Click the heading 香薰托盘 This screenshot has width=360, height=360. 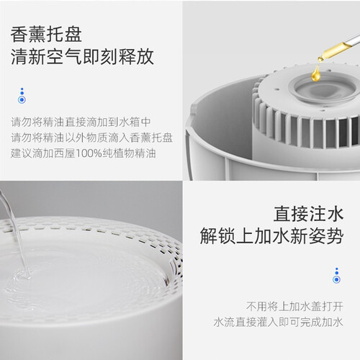coord(46,35)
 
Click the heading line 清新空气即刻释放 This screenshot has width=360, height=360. coord(82,57)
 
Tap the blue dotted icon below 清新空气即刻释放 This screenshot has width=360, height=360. coord(22,96)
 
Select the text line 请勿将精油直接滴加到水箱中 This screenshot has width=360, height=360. coord(81,122)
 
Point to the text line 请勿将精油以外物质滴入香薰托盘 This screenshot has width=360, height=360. coord(91,138)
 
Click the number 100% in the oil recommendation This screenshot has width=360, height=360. coord(89,153)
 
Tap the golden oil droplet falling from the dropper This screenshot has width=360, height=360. coord(316,73)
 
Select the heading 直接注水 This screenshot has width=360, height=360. coord(309,214)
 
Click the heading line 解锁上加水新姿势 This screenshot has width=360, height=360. coord(271,236)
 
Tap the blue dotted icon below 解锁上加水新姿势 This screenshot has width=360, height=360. coord(337,276)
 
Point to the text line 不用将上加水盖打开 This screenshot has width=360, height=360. coord(294,307)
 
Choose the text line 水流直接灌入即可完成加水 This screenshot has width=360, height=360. coord(279,322)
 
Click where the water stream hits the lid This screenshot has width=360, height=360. coord(27,276)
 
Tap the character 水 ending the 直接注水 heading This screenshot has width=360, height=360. coord(335,214)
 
